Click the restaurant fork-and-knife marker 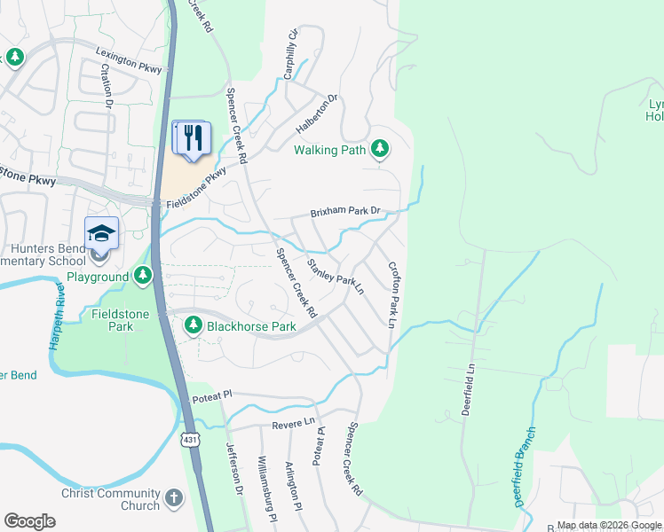pos(193,137)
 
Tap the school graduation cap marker pos(101,233)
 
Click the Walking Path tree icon pos(380,149)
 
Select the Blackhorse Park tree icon pos(193,326)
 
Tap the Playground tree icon pos(143,277)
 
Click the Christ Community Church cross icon pos(174,499)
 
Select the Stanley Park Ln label pos(336,277)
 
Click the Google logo pos(29,520)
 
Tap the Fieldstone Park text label pos(112,320)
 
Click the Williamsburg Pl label pos(268,488)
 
